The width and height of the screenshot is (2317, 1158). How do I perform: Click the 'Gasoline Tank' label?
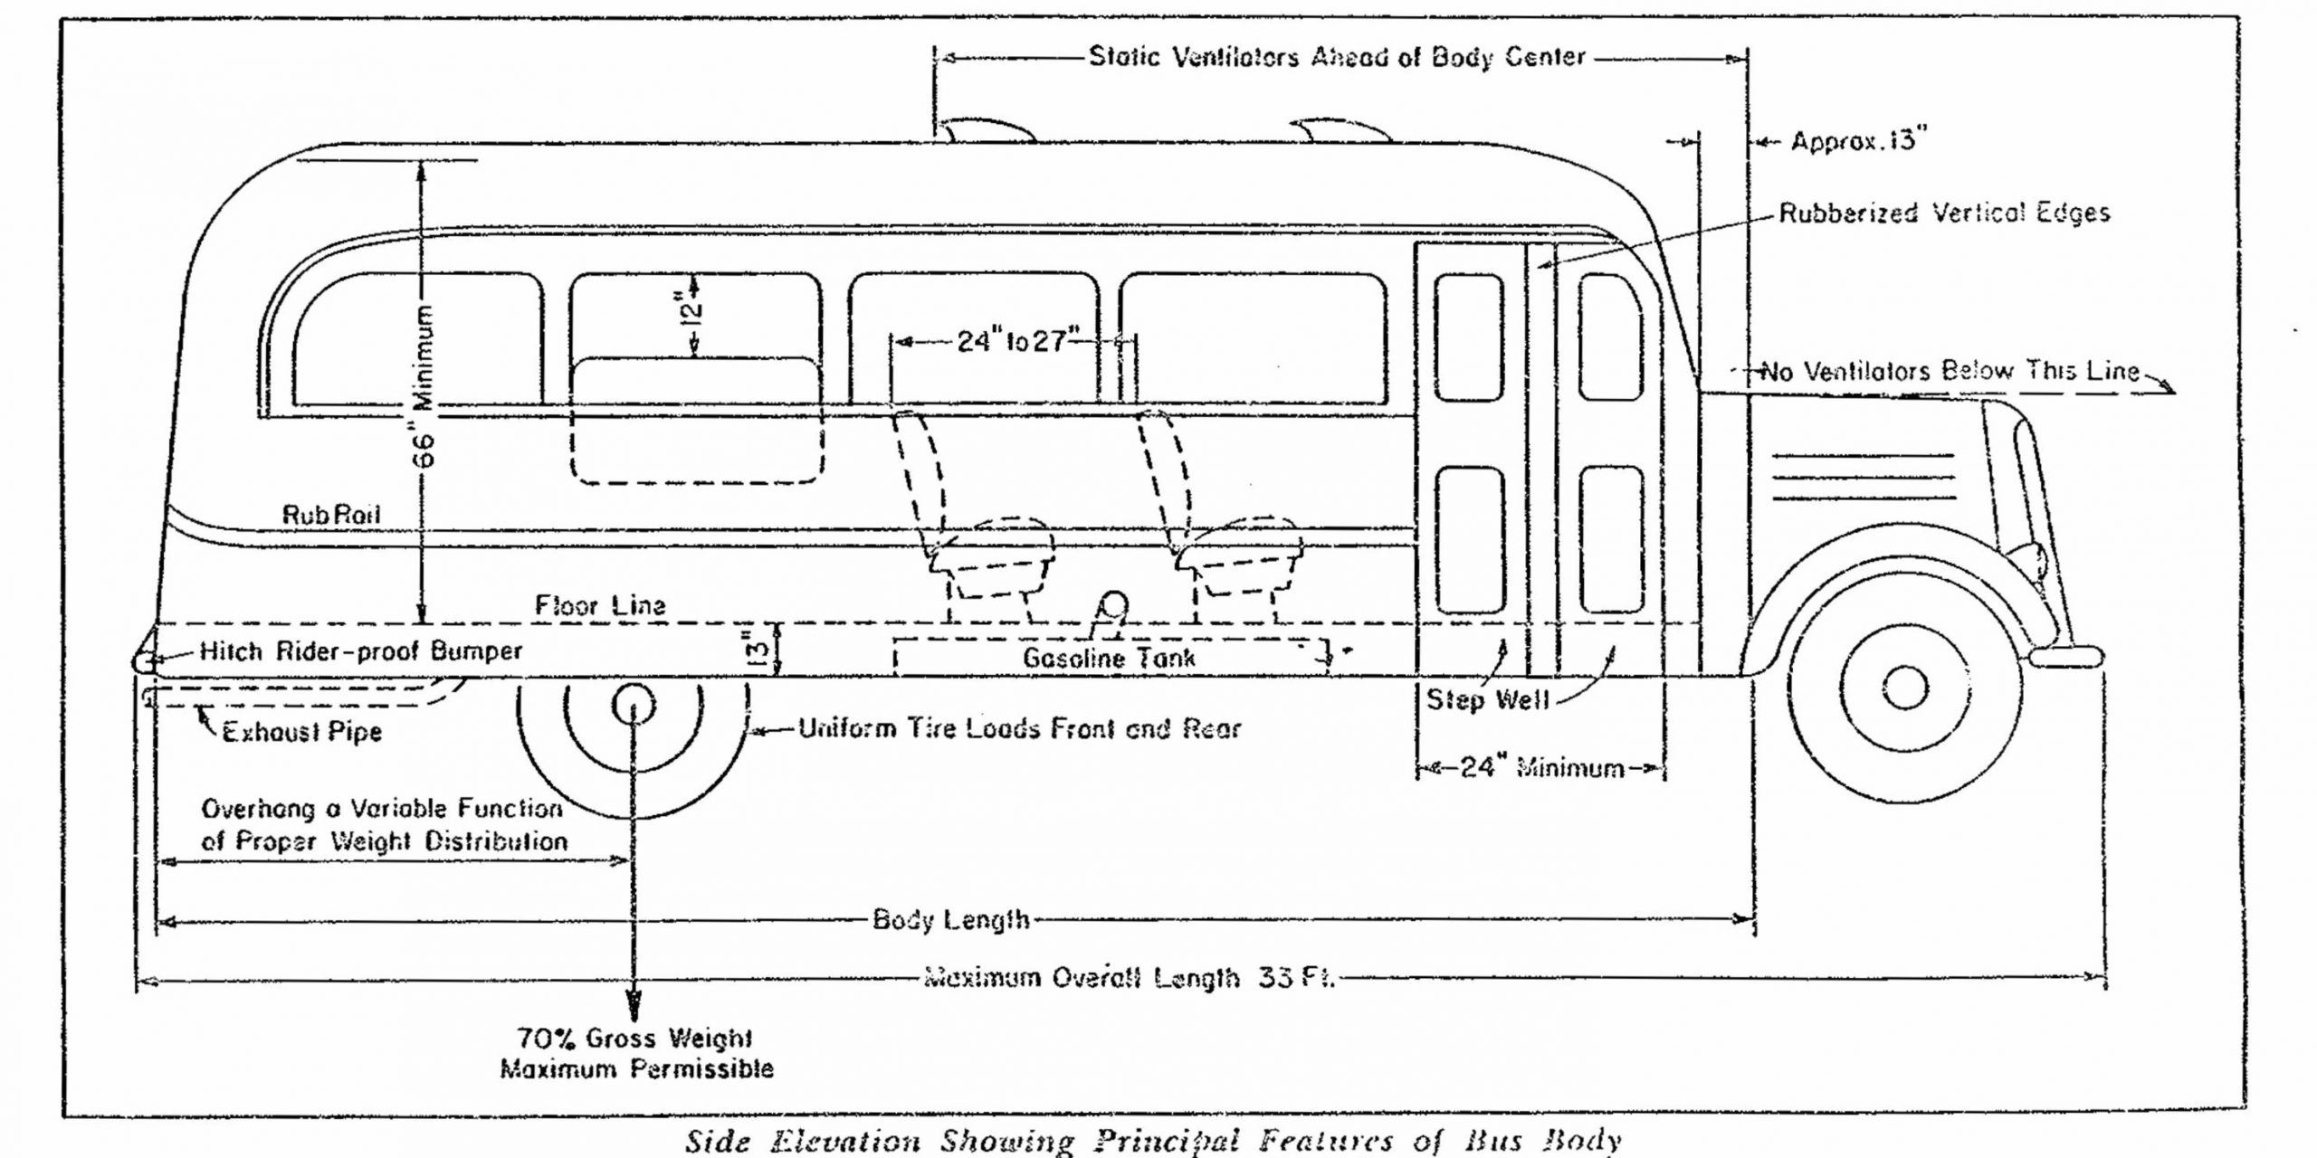click(1109, 658)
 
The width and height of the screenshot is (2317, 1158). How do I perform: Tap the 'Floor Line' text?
click(600, 605)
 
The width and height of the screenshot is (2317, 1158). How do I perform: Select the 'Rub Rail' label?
click(331, 516)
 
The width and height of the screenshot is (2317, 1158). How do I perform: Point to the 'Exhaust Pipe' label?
click(302, 731)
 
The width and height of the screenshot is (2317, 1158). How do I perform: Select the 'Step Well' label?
click(1488, 699)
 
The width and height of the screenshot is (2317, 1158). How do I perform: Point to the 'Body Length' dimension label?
click(950, 920)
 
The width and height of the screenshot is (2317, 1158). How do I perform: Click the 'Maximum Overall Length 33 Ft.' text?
click(1128, 978)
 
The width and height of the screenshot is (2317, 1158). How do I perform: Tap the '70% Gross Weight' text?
click(634, 1038)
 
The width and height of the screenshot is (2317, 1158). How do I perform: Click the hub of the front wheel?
click(1904, 688)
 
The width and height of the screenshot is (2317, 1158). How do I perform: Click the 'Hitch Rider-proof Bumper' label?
click(360, 651)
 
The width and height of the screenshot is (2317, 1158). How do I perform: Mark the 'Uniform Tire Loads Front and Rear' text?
click(1019, 728)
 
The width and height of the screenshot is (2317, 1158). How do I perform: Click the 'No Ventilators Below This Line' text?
click(1949, 371)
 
